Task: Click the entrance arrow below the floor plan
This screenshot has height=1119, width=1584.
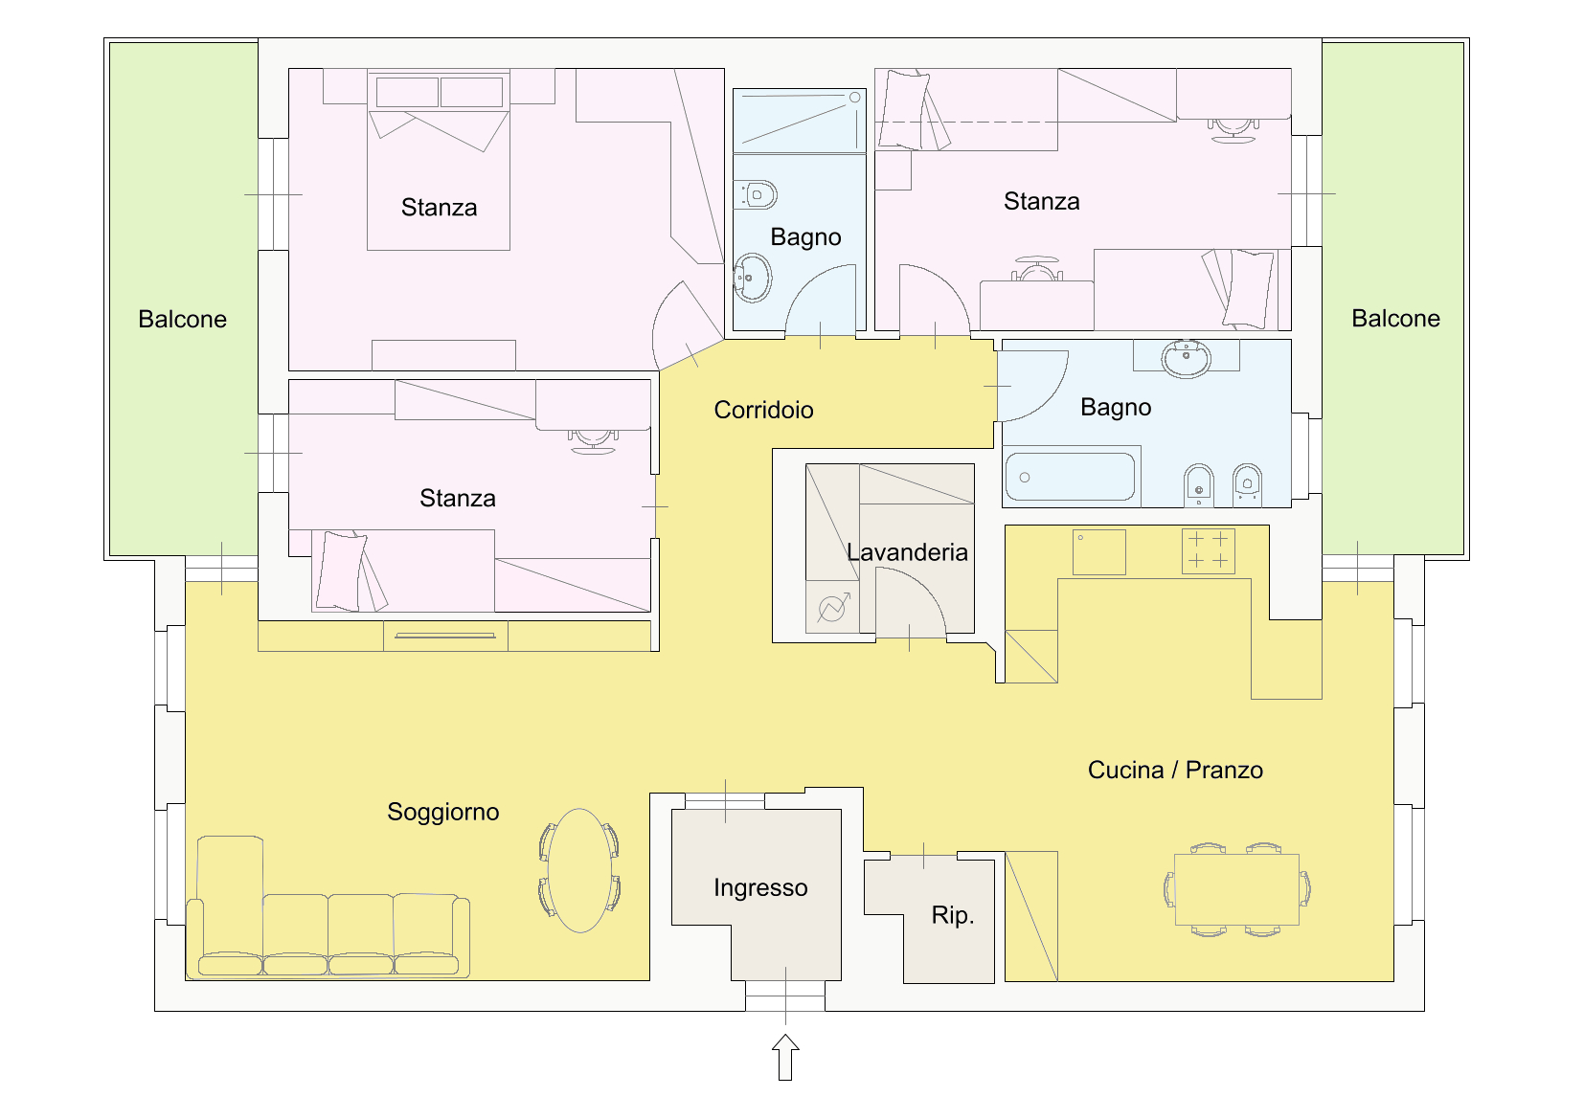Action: [785, 1058]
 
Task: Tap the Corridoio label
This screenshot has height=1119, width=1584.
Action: [763, 410]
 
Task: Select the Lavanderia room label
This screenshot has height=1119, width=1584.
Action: [907, 552]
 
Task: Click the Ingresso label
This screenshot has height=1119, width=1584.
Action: [760, 888]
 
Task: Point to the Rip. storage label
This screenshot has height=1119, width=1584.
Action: [953, 915]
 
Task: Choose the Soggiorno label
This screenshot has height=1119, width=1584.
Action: [442, 813]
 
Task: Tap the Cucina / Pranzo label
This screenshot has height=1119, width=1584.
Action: [1175, 770]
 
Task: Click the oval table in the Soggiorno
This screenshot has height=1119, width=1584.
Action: [579, 871]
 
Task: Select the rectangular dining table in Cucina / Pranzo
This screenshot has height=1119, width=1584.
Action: [1236, 889]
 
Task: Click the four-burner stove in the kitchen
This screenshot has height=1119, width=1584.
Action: [1209, 550]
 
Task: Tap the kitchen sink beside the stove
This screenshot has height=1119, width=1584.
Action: [1098, 552]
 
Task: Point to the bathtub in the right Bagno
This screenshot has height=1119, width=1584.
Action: [1070, 477]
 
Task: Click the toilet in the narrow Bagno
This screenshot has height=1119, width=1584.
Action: [756, 194]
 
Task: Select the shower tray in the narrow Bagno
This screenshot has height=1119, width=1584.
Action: [799, 120]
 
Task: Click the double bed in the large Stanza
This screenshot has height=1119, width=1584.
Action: [439, 160]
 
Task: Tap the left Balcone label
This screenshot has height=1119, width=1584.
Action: [183, 320]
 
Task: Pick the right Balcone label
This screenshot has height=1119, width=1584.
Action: [1396, 319]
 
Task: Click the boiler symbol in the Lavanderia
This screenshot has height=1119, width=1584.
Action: [832, 607]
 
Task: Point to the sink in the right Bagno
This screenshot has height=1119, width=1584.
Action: [1186, 358]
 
